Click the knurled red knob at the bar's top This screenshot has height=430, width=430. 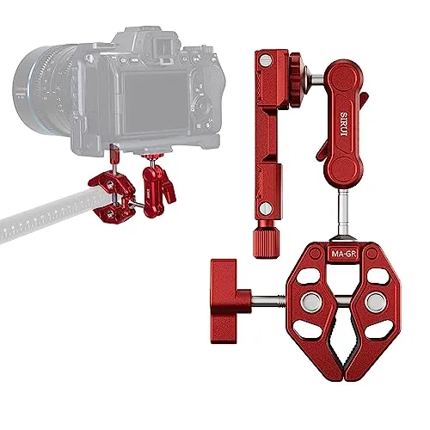pos(298,64)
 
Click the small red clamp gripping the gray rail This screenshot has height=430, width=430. pos(117,193)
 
